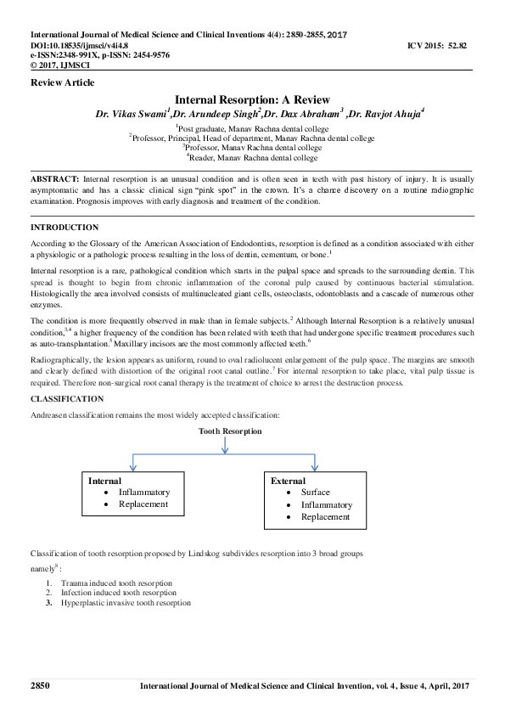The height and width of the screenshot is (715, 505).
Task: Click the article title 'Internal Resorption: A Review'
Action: click(x=252, y=100)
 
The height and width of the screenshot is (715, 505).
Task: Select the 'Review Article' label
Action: click(x=62, y=82)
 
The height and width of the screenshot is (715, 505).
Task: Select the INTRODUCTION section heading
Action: click(x=65, y=228)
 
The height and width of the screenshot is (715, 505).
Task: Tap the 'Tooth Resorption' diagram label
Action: click(x=230, y=431)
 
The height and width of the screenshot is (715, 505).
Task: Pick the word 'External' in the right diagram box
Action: click(x=288, y=481)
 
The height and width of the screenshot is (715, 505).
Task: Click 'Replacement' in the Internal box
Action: click(x=143, y=504)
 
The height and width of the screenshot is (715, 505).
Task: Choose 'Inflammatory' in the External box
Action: click(x=327, y=504)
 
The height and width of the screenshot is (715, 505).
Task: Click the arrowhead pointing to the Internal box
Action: click(x=132, y=466)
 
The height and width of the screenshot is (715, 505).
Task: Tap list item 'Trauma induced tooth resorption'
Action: click(x=116, y=583)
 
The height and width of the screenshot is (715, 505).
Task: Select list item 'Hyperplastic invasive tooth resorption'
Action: click(x=126, y=602)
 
